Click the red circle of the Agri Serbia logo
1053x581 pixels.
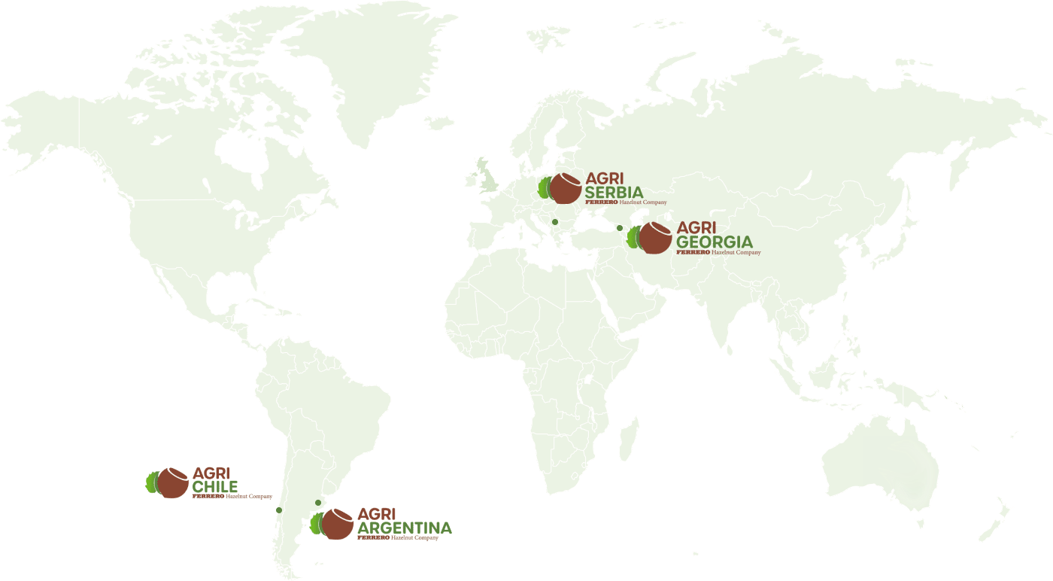pos(564,188)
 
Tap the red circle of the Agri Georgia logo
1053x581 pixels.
pos(656,238)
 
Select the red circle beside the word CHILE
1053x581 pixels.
pos(173,482)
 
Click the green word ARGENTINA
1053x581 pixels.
pos(405,528)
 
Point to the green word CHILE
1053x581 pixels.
pos(215,486)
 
